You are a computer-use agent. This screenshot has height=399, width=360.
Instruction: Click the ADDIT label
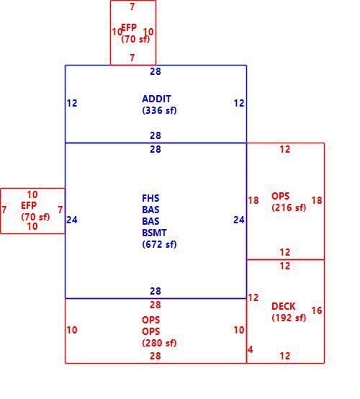point(156,99)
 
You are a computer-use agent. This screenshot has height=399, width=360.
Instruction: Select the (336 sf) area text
point(159,110)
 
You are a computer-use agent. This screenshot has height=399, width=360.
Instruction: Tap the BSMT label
point(154,233)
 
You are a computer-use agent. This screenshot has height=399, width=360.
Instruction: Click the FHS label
point(150,198)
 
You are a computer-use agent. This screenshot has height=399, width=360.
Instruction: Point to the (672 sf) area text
point(159,244)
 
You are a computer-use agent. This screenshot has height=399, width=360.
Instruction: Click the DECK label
point(284,306)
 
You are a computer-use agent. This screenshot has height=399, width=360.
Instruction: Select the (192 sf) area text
point(289,318)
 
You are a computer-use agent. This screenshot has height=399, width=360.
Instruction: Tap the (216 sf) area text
point(289,207)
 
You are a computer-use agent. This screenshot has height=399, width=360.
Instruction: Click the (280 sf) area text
point(159,343)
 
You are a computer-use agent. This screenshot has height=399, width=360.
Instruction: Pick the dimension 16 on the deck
point(317,310)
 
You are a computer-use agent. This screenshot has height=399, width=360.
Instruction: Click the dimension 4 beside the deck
point(251,349)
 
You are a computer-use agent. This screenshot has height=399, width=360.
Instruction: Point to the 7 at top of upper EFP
point(132,6)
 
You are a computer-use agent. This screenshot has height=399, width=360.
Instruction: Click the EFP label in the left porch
point(29,205)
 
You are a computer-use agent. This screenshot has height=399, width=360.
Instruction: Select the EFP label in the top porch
point(129,27)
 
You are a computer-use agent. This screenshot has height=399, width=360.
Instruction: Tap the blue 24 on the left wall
point(72,220)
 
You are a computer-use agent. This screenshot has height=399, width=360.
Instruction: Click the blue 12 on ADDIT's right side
point(239,103)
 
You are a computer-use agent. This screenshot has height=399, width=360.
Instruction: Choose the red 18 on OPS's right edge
point(317,200)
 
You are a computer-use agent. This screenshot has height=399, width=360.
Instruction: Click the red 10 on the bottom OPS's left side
point(72,330)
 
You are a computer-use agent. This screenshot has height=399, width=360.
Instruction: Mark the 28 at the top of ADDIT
point(156,71)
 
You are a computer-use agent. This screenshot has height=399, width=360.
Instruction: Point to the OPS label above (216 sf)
point(280,196)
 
